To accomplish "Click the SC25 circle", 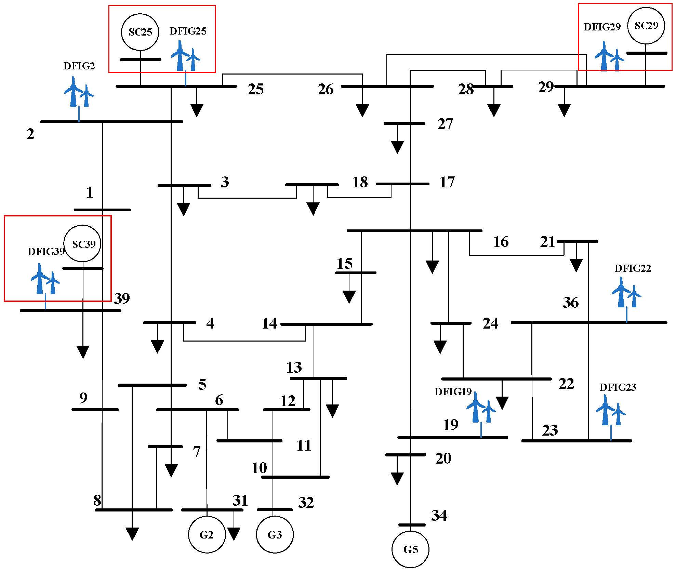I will (x=140, y=32).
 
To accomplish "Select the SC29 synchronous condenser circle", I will (x=646, y=26).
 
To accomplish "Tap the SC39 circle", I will (x=83, y=244).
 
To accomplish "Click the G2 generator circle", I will (x=207, y=534).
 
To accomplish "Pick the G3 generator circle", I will (x=275, y=534).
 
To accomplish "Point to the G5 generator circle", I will (x=410, y=549).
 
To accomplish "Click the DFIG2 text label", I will (x=79, y=66).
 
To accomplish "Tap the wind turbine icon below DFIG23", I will (x=611, y=410).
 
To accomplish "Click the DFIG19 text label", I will (x=453, y=392).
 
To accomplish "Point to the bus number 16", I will (x=501, y=242).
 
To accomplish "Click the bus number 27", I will (x=445, y=124).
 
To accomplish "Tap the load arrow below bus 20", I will (x=397, y=478).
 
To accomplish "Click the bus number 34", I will (x=439, y=515).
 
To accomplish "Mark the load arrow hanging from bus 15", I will (x=349, y=296).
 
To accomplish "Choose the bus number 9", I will (x=83, y=398).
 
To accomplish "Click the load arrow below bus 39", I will (x=83, y=351).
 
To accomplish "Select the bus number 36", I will (x=571, y=303).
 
